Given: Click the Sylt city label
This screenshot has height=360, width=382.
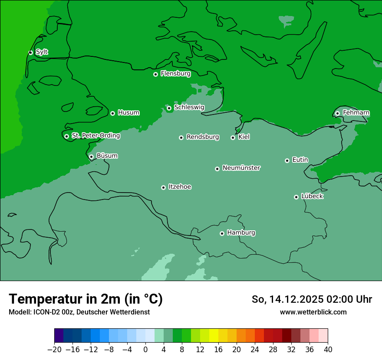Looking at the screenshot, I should (42, 52).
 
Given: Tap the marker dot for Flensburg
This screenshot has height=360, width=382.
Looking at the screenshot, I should (155, 74).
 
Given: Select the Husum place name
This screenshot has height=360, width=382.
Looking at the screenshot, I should (128, 113).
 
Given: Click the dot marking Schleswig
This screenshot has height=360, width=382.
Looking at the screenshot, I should (169, 108).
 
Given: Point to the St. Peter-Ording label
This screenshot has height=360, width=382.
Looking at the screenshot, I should (95, 136).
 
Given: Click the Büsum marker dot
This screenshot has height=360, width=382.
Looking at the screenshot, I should (91, 157).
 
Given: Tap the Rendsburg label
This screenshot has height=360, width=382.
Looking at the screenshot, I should (202, 137).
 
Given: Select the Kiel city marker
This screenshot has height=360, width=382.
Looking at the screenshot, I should (233, 137).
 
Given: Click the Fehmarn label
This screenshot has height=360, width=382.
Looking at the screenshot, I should (356, 113).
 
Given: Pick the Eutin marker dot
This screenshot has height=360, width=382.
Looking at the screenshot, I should (287, 160).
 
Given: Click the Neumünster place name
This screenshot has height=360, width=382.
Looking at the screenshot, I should (241, 168).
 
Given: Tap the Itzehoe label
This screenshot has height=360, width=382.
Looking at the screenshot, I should (180, 187).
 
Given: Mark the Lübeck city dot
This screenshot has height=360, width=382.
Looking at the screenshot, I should (296, 197).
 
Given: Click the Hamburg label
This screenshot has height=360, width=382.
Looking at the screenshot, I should (241, 233).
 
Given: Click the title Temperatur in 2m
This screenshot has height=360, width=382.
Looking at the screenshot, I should (86, 299).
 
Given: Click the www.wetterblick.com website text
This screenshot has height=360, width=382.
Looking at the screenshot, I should (313, 312).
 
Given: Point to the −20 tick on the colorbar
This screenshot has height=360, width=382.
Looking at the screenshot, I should (55, 350).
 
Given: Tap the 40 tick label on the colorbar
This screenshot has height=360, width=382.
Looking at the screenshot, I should (328, 350).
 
